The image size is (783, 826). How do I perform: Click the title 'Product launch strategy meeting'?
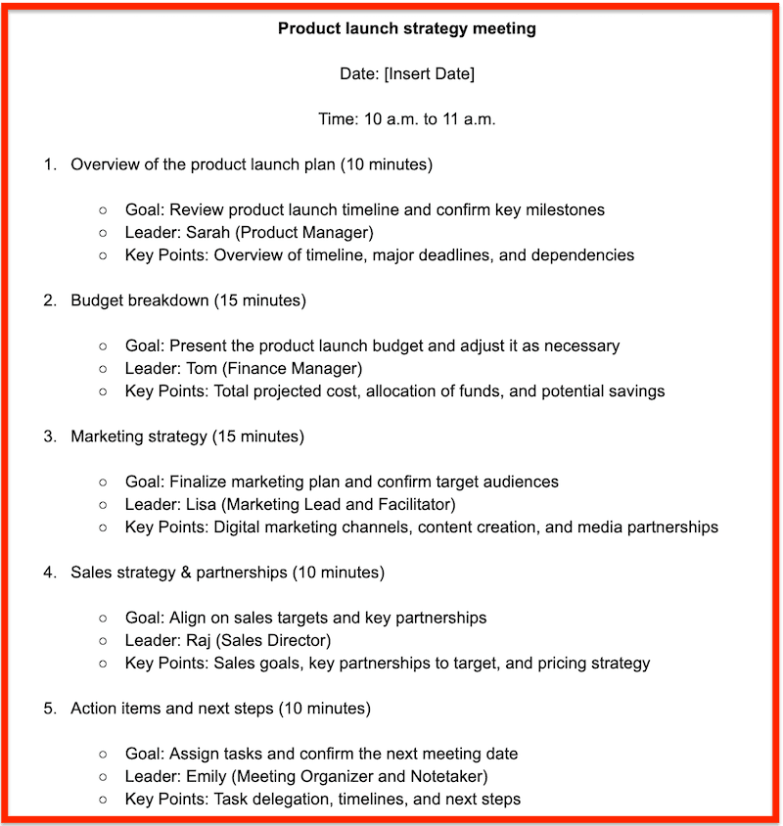pyautogui.click(x=406, y=28)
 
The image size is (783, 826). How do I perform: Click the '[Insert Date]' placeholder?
pyautogui.click(x=430, y=73)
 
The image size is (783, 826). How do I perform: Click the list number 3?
pyautogui.click(x=50, y=436)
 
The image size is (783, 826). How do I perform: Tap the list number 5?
pyautogui.click(x=50, y=708)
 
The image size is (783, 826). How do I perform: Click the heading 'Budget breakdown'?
pyautogui.click(x=139, y=300)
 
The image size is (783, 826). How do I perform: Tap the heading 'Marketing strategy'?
pyautogui.click(x=138, y=436)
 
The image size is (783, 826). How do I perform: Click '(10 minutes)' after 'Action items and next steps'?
pyautogui.click(x=325, y=708)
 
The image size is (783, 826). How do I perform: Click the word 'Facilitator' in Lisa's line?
pyautogui.click(x=413, y=504)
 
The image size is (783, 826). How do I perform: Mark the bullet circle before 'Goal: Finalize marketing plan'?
pyautogui.click(x=103, y=482)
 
